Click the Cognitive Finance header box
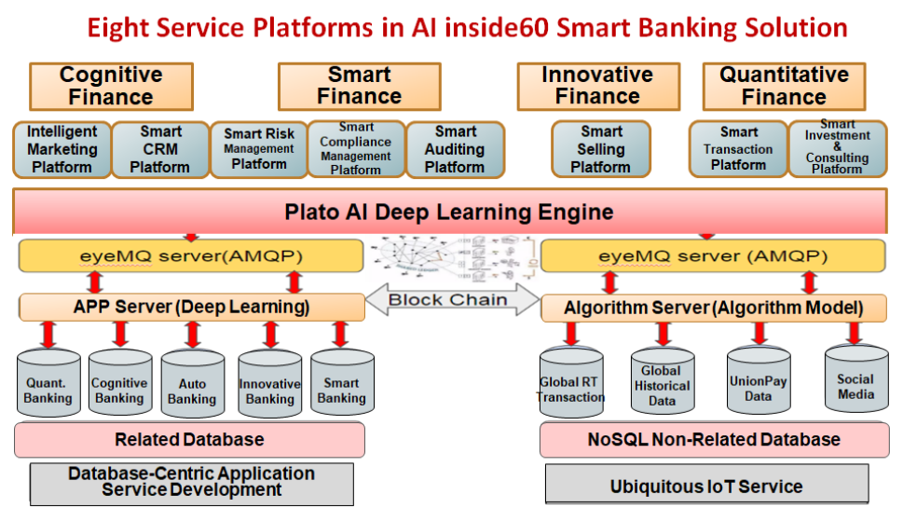pyautogui.click(x=111, y=87)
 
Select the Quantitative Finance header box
pyautogui.click(x=784, y=87)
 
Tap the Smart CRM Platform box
pyautogui.click(x=160, y=150)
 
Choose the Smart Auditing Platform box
pyautogui.click(x=455, y=150)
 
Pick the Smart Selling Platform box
pyautogui.click(x=601, y=149)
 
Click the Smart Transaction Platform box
pyautogui.click(x=738, y=148)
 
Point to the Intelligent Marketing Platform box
pyautogui.click(x=62, y=150)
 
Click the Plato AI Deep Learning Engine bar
pyautogui.click(x=450, y=212)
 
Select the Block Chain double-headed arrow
pyautogui.click(x=452, y=299)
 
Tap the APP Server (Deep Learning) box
pyautogui.click(x=192, y=307)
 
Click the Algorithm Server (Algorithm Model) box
pyautogui.click(x=714, y=309)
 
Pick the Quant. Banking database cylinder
pyautogui.click(x=48, y=382)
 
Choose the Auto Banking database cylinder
pyautogui.click(x=192, y=383)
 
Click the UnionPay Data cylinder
pyautogui.click(x=759, y=380)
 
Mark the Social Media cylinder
pyautogui.click(x=856, y=378)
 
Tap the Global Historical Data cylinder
pyautogui.click(x=663, y=381)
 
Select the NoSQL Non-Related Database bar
pyautogui.click(x=714, y=440)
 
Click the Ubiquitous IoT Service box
pyautogui.click(x=706, y=485)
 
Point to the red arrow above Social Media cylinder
pyautogui.click(x=854, y=334)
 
